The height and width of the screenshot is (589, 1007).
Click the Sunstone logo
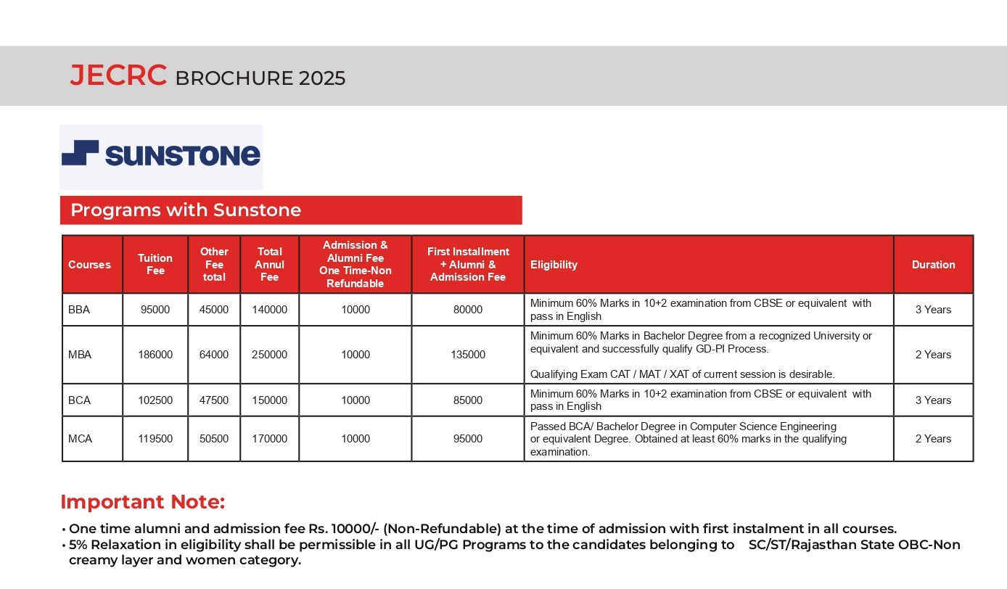point(161,155)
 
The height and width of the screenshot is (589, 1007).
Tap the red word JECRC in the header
point(118,76)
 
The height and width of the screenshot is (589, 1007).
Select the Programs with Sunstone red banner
point(290,210)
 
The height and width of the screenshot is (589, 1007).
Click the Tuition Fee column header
point(155,264)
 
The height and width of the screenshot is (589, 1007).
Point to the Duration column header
point(933,265)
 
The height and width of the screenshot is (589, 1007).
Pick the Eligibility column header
point(554,265)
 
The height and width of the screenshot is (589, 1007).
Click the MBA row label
point(80,355)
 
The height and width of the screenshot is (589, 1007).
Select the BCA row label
point(80,400)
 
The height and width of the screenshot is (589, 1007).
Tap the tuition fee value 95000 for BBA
point(155,310)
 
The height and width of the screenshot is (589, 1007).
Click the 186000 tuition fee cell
point(155,355)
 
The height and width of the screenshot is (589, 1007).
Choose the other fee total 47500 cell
point(214,400)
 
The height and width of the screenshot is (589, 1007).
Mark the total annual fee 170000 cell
point(269,439)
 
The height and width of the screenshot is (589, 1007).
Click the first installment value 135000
point(468,355)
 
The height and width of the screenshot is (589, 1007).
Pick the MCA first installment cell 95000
point(468,439)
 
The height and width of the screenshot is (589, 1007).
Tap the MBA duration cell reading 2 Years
point(933,355)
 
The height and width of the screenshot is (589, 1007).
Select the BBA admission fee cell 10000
point(355,310)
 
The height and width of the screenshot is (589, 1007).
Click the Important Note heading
point(143,502)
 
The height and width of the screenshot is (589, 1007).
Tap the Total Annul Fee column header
point(269,264)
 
